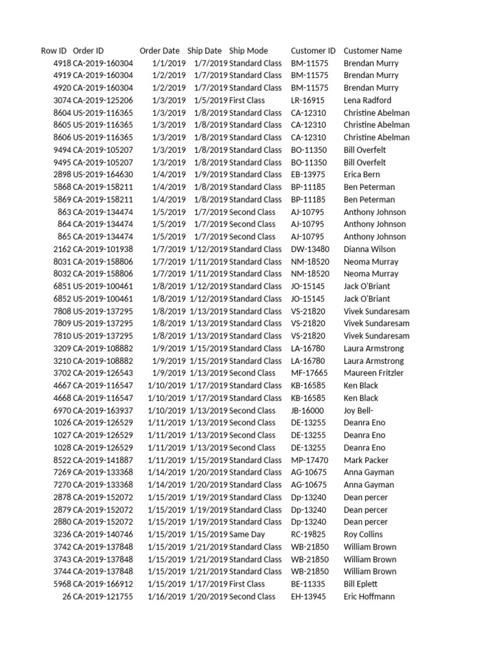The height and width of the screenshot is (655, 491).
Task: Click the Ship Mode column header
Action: click(x=249, y=51)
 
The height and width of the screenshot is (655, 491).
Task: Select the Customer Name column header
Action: click(x=373, y=51)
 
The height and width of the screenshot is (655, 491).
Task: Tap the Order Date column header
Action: click(x=160, y=51)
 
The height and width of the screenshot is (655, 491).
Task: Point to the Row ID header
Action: click(x=54, y=51)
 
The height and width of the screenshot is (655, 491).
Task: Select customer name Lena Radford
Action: click(x=368, y=100)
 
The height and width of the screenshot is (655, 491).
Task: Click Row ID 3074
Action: click(x=62, y=100)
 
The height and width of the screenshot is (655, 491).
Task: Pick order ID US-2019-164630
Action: click(x=103, y=175)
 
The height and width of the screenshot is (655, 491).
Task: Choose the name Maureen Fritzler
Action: click(x=374, y=373)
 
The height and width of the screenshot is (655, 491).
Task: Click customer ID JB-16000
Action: click(x=308, y=411)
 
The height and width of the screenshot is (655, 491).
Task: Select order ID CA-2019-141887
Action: click(x=103, y=460)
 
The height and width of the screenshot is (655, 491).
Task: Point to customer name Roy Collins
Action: click(x=363, y=534)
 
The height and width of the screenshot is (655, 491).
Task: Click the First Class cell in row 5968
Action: click(x=247, y=584)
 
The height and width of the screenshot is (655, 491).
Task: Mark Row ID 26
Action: click(x=66, y=596)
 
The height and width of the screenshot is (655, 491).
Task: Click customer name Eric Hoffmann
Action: click(x=369, y=596)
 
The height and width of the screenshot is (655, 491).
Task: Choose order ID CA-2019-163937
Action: click(x=103, y=411)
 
